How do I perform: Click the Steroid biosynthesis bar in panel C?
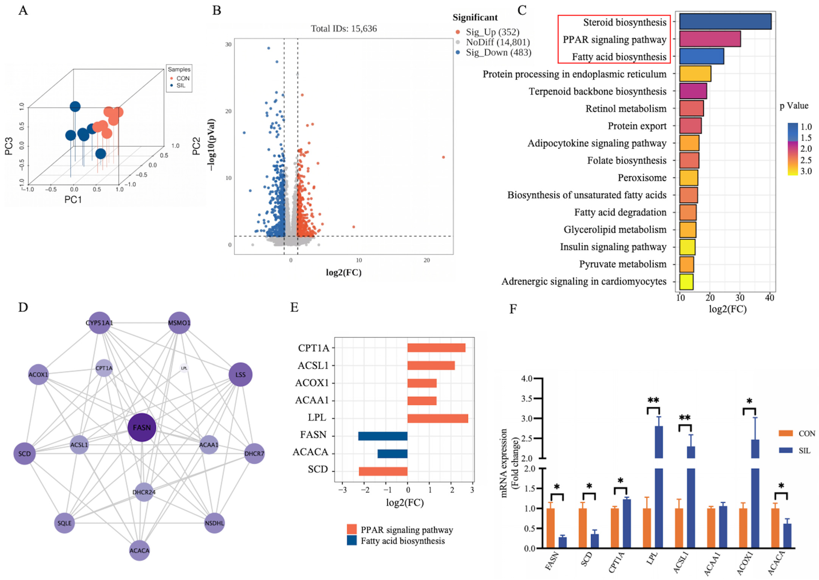725,22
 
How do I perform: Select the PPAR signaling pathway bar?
710,39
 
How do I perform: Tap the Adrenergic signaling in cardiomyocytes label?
584,282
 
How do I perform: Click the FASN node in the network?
142,428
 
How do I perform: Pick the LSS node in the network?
240,375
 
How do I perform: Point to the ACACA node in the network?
139,550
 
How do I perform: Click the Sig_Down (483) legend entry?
494,52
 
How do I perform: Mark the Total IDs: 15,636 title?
344,28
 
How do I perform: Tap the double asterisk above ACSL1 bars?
685,418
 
